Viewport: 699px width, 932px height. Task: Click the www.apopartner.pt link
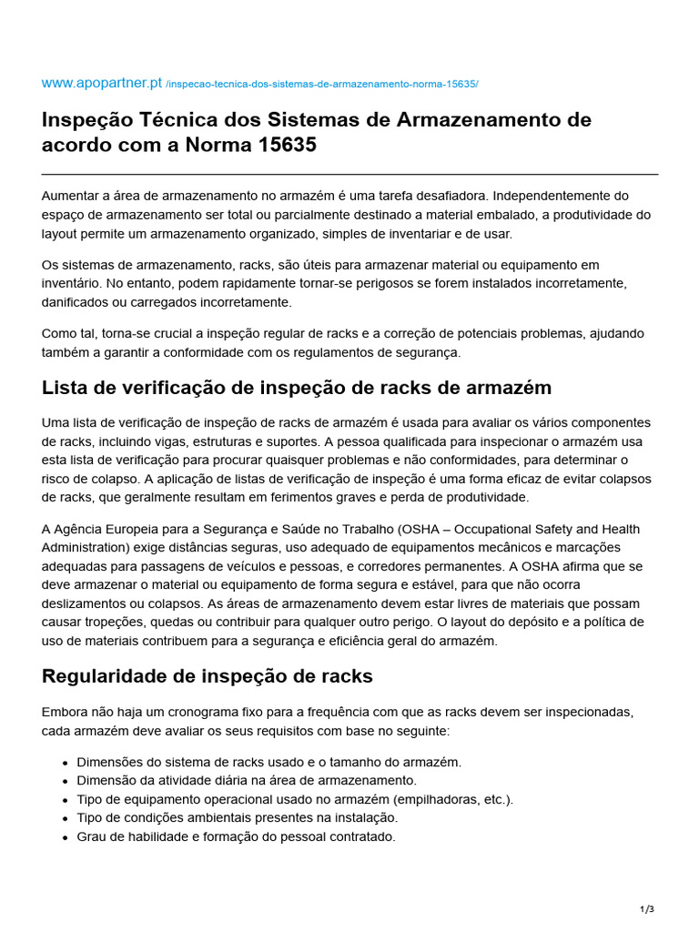tap(102, 83)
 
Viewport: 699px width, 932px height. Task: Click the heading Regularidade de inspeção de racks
tap(208, 676)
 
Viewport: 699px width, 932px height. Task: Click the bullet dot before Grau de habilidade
tap(66, 837)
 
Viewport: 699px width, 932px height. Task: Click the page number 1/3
tap(647, 909)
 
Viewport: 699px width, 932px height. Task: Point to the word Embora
tap(63, 712)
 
